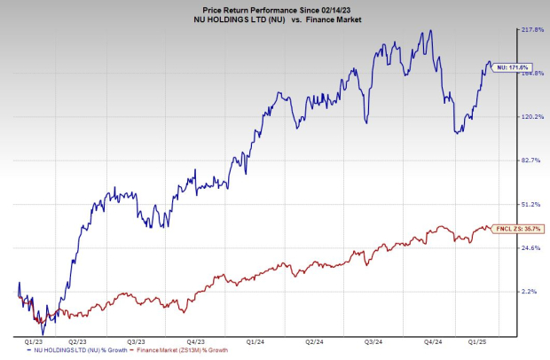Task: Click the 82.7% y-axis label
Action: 530,160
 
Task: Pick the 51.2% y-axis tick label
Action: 530,204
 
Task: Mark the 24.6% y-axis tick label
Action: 530,248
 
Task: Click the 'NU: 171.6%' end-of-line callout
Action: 506,67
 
